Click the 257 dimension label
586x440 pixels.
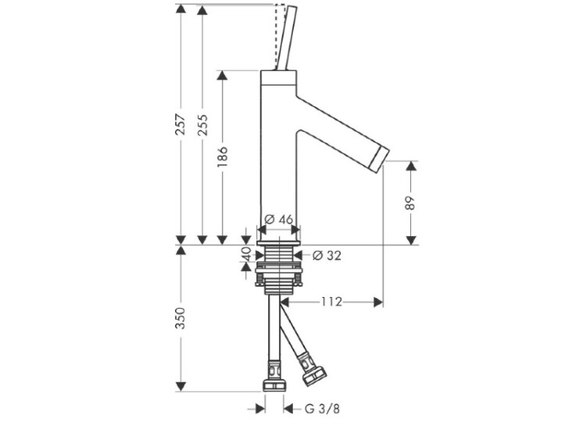[x=180, y=125]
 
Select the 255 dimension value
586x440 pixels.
[x=202, y=125]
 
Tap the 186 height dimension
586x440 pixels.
[x=222, y=156]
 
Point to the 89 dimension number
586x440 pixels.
[x=410, y=203]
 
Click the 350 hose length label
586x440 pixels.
[x=180, y=318]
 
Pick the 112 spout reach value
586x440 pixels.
[x=332, y=302]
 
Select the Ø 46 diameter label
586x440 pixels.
[x=279, y=220]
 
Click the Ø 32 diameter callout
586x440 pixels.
[x=327, y=256]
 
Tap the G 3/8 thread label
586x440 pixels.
[x=322, y=409]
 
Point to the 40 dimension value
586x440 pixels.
[x=245, y=254]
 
